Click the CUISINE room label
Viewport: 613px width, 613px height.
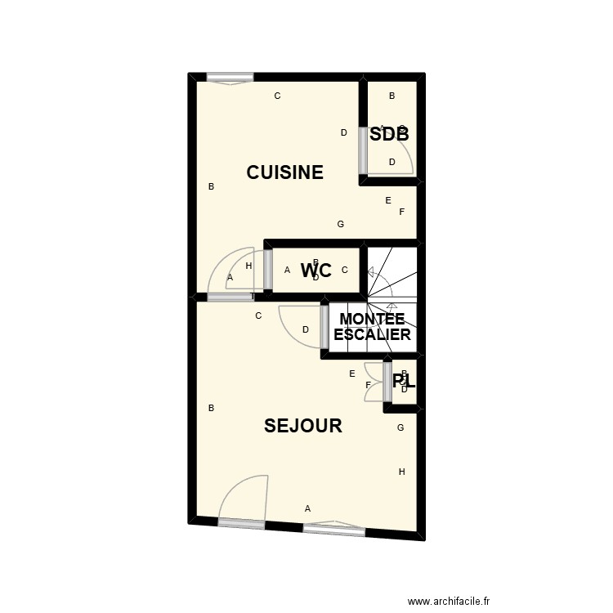coord(285,172)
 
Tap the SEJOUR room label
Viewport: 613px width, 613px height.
coord(302,426)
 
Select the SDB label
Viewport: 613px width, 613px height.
coord(389,135)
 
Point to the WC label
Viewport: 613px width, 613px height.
coord(315,271)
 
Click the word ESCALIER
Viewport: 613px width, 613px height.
coord(372,334)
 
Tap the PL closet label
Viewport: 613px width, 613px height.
coord(404,381)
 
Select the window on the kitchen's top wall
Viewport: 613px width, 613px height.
coord(230,78)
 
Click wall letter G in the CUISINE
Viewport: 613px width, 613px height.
coord(341,224)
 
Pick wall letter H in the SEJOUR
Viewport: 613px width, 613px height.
coord(401,472)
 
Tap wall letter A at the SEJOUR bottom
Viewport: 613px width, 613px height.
coord(307,508)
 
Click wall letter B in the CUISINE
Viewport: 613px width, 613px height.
coord(211,186)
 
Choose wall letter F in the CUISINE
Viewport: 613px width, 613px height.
coord(401,212)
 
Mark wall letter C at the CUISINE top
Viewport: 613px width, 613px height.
coord(277,96)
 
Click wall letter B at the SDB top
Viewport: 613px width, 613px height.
coord(392,96)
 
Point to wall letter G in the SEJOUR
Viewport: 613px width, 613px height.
coord(400,427)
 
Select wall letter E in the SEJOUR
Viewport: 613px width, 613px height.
coord(352,374)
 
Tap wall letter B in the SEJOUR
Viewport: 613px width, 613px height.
coord(211,408)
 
